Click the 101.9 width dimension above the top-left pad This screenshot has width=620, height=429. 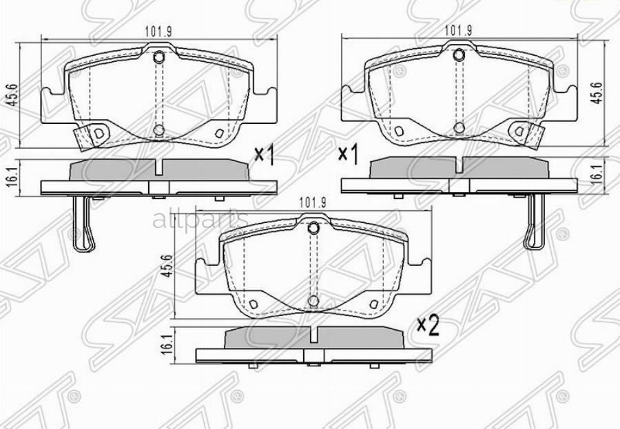(158, 30)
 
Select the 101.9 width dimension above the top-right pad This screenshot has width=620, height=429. (458, 30)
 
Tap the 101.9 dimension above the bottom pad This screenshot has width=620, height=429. (312, 202)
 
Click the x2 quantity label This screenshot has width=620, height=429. (428, 326)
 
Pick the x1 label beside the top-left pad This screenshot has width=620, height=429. (264, 156)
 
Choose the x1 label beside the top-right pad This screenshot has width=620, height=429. (348, 155)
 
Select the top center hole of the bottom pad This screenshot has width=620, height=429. (313, 228)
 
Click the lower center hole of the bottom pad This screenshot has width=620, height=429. (313, 301)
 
